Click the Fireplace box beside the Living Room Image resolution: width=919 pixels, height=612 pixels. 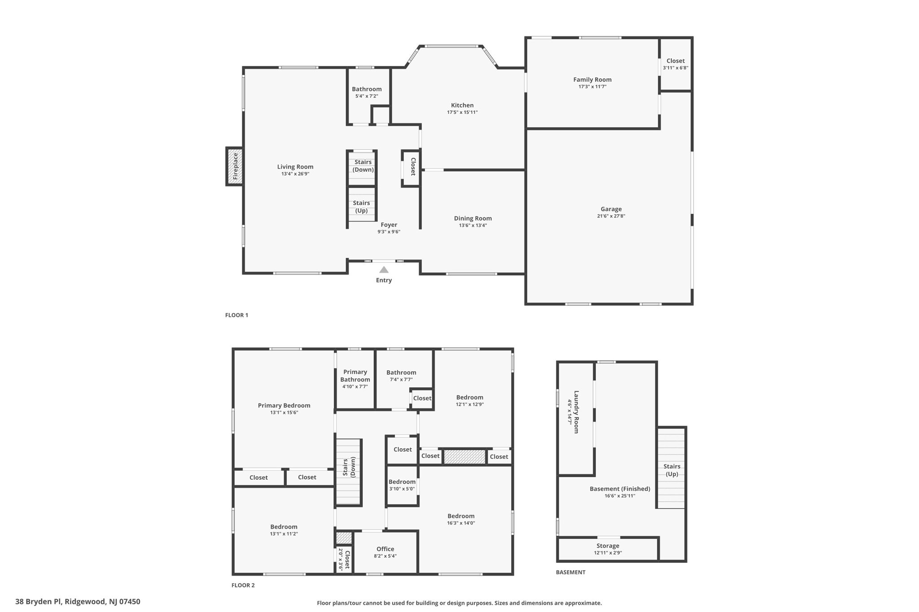235,166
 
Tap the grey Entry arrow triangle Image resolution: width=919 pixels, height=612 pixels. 384,269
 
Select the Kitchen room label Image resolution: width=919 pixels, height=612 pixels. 462,105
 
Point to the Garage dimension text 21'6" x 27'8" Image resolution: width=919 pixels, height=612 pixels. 611,216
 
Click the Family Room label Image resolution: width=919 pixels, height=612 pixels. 592,79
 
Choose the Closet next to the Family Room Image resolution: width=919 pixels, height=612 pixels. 675,64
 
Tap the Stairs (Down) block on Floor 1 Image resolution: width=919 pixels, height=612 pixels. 362,168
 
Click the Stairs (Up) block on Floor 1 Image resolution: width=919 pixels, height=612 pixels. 362,204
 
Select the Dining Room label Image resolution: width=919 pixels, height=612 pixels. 473,218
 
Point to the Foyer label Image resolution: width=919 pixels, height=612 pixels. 389,225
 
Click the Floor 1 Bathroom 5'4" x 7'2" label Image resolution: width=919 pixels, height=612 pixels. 367,92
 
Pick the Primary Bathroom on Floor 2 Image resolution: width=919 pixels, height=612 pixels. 355,379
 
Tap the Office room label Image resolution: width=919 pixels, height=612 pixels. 385,549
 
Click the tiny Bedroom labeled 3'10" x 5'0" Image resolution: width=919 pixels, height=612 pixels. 402,485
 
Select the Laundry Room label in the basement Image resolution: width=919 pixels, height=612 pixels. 576,412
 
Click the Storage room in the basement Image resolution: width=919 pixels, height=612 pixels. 608,549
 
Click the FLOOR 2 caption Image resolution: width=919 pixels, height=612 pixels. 243,585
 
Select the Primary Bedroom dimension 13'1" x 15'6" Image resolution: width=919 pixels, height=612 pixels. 284,412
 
